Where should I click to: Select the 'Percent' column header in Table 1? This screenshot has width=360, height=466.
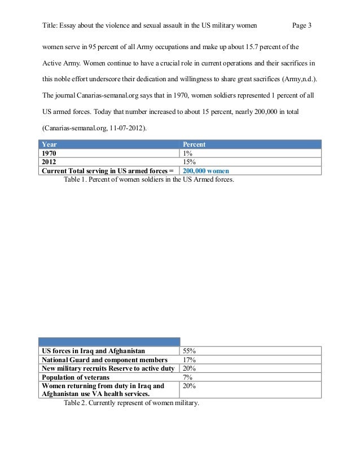coord(193,144)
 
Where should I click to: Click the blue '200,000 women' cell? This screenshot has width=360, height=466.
coord(205,169)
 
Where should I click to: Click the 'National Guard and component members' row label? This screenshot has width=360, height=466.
coord(104,359)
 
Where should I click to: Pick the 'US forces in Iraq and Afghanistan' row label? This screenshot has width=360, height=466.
coord(95,350)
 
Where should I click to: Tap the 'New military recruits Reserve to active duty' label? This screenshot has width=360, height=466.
coord(109,368)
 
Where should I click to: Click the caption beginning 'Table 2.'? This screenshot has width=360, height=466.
coord(132,403)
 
